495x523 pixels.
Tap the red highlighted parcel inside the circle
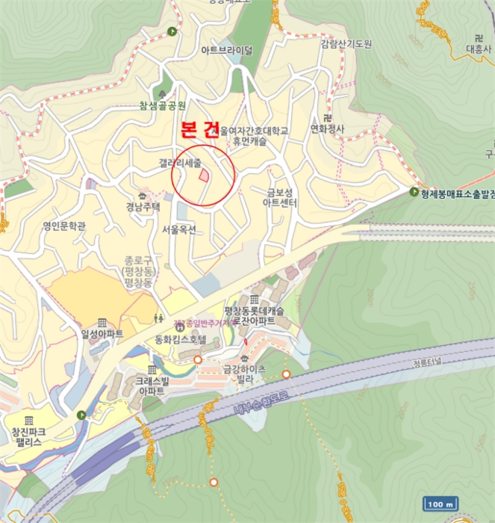click(204, 175)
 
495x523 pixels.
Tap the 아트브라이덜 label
click(226, 51)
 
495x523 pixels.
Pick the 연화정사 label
click(327, 129)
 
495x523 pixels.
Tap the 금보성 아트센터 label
click(283, 197)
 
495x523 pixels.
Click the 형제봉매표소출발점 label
click(458, 193)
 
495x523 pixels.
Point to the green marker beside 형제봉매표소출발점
click(414, 192)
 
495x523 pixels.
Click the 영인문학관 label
click(65, 225)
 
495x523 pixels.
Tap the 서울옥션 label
click(178, 229)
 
